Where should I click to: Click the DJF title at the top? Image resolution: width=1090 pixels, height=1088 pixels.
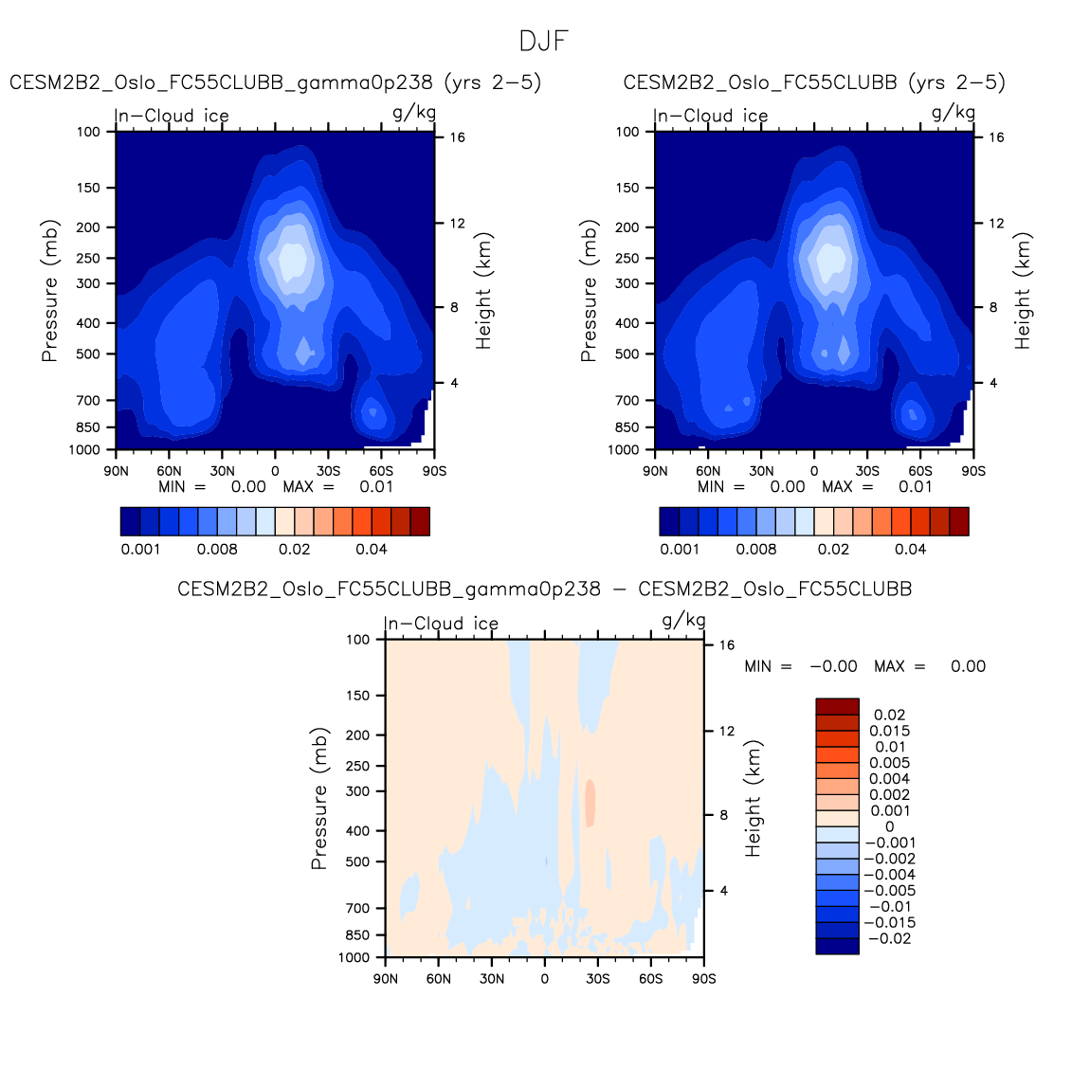point(544,42)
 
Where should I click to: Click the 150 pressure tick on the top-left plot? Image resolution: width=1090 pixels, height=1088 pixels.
point(89,188)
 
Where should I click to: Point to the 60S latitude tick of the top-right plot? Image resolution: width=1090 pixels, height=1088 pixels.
point(920,471)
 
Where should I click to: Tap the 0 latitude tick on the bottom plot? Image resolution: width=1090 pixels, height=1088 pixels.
point(544,979)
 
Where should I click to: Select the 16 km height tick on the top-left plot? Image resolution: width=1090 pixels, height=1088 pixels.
point(457,137)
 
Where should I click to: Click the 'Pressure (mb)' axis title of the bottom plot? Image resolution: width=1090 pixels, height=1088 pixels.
point(319,799)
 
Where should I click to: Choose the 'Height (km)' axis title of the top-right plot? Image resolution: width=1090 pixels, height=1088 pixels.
point(1023,291)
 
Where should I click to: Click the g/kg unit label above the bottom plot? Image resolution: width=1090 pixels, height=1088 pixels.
point(683,621)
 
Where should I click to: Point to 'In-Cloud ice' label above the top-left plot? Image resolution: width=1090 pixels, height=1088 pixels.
point(173,116)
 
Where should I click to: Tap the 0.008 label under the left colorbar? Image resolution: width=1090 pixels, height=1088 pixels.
point(217,550)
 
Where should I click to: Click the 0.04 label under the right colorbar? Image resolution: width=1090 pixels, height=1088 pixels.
point(910,550)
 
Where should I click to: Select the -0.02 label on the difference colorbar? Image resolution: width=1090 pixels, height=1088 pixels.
point(889,939)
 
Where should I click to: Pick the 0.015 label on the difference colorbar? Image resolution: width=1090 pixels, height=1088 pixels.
point(889,731)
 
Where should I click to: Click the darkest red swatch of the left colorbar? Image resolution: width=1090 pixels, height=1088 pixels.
point(420,521)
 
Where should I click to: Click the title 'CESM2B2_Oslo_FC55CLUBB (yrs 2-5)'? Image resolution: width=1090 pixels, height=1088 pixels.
point(814,82)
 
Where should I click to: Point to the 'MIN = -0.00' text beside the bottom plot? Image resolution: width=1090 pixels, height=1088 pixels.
point(801,666)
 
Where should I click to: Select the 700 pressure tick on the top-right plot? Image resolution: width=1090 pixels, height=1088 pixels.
point(627,401)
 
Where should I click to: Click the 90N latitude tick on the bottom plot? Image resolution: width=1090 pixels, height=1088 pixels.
point(386,979)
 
